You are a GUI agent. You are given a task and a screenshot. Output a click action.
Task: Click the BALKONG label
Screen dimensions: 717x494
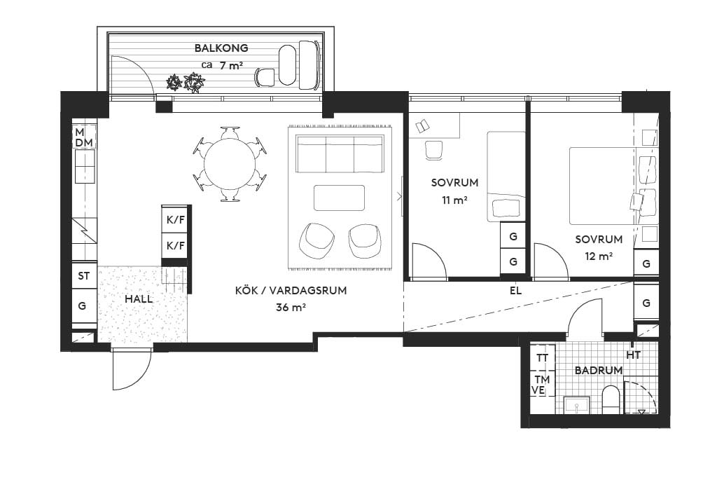point(221,48)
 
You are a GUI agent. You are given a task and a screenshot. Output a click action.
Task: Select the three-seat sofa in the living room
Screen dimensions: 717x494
point(340,153)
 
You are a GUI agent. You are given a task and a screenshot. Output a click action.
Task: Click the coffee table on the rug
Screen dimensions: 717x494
point(340,198)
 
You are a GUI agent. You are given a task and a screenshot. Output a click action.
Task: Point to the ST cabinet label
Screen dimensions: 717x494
point(84,276)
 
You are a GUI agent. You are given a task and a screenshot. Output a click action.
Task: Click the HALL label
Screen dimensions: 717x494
point(139,299)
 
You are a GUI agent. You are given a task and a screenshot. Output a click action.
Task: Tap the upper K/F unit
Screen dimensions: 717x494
point(176,220)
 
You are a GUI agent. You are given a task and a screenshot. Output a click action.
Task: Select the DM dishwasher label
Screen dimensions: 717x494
point(84,143)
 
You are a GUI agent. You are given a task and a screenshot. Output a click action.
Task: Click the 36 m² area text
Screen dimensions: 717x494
point(291,308)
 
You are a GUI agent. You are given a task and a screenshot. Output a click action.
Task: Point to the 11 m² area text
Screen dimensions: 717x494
point(454,200)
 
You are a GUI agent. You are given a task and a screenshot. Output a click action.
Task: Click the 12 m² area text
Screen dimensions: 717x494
point(599,256)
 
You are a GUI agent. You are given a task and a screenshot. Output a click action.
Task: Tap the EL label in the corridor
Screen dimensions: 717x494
point(515,291)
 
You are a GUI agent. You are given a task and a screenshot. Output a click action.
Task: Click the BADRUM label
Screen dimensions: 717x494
point(599,370)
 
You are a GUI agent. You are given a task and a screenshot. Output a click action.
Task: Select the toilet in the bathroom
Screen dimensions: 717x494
point(611,399)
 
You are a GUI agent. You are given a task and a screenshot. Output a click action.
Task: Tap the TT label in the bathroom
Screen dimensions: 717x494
point(543,357)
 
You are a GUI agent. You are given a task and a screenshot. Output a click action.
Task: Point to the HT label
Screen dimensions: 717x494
point(633,355)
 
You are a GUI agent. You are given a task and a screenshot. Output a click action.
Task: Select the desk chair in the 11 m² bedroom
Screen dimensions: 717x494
point(434,150)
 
